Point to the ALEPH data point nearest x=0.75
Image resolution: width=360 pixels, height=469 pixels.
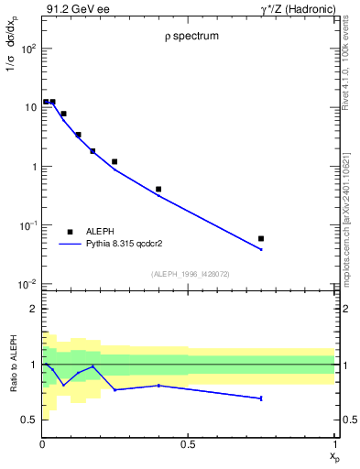[261, 238]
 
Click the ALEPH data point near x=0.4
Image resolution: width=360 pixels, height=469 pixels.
[158, 190]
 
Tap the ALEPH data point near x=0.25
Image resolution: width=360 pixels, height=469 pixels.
[115, 161]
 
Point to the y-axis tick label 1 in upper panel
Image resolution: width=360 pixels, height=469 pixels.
[33, 167]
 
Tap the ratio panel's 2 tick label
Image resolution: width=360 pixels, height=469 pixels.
[33, 310]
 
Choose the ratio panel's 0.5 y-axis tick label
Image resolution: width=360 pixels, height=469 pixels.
[29, 420]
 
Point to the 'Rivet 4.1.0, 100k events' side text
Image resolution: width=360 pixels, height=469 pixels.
[346, 66]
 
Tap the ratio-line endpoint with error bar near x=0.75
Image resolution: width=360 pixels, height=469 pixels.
[261, 398]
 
